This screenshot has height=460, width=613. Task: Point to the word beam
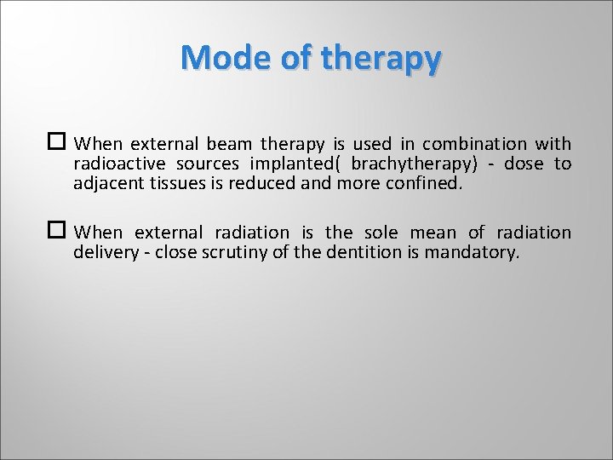point(229,144)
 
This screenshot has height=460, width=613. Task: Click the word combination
point(474,144)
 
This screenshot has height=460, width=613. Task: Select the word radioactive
point(117,164)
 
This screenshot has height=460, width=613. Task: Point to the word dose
point(524,164)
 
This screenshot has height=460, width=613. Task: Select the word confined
point(424,182)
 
